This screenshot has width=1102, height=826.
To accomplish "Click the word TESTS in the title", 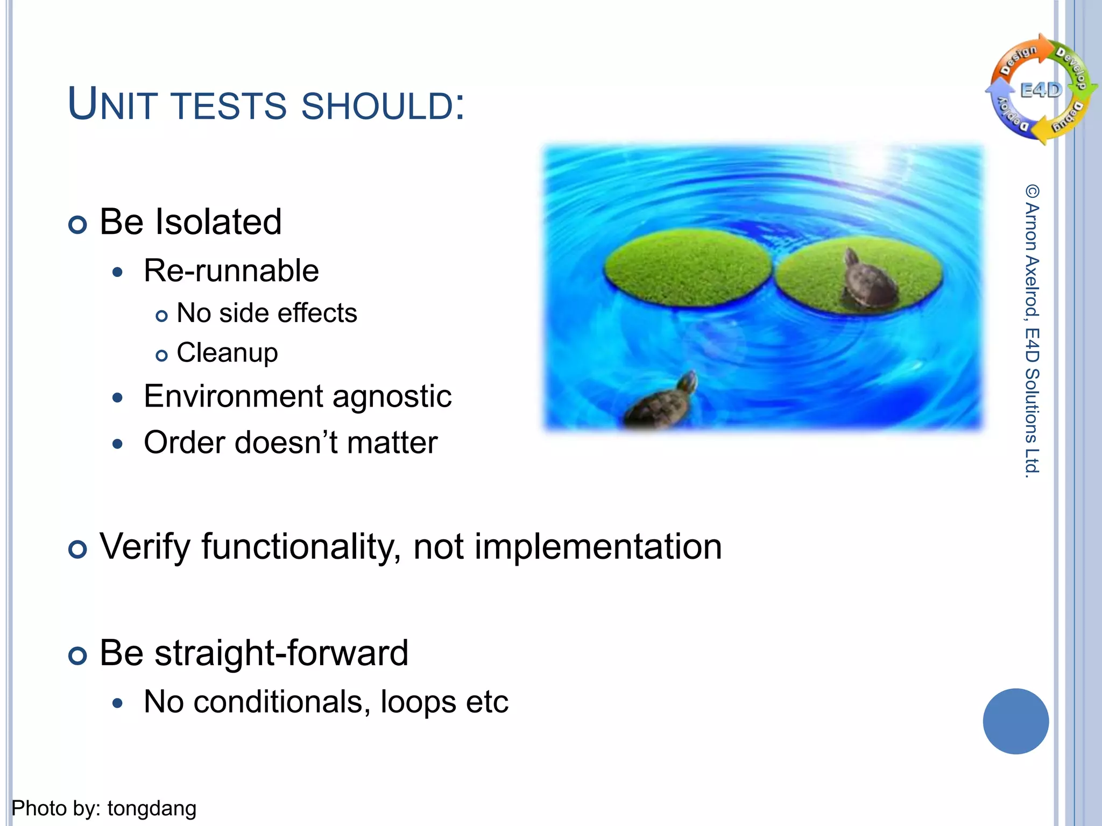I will (230, 106).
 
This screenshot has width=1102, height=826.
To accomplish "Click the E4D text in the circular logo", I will (1041, 90).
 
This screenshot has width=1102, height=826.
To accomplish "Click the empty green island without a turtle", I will (687, 267).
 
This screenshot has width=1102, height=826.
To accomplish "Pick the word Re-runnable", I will (231, 270).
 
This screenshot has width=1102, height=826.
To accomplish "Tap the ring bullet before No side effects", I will (161, 316).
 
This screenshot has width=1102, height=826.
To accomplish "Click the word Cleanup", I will (227, 353).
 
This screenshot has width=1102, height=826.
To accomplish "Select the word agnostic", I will (392, 397).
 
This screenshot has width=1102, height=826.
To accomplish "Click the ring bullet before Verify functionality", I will (78, 550).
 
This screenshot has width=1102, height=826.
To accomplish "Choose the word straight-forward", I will (281, 653).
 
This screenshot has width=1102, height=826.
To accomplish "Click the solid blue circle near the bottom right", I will (1015, 721).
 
